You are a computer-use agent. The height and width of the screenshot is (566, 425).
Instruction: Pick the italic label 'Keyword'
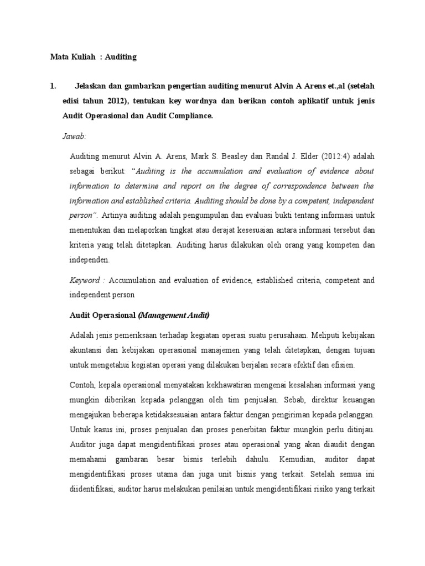tap(85, 281)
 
